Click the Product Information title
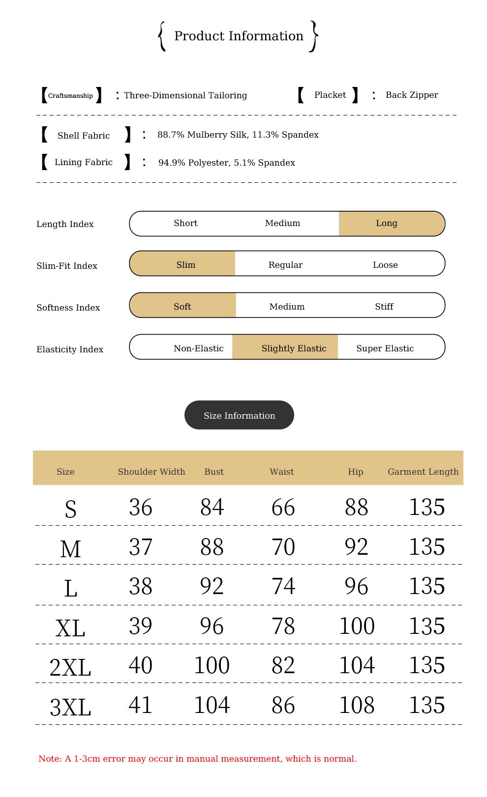click(239, 36)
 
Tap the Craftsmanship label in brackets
click(70, 95)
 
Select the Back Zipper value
click(412, 95)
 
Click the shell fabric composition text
click(238, 135)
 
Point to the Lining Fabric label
click(84, 162)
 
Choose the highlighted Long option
click(387, 223)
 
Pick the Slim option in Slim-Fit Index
click(186, 265)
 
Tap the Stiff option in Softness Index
click(384, 307)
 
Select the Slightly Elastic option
click(294, 348)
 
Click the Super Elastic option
click(385, 348)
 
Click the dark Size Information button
click(239, 415)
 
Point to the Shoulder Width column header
click(152, 472)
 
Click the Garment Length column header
click(423, 472)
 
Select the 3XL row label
click(70, 707)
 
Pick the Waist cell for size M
click(283, 547)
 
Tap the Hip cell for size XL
click(357, 626)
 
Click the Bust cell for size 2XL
click(212, 665)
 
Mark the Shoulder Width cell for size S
click(141, 507)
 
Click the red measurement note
click(197, 759)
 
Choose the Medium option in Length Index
click(282, 223)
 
